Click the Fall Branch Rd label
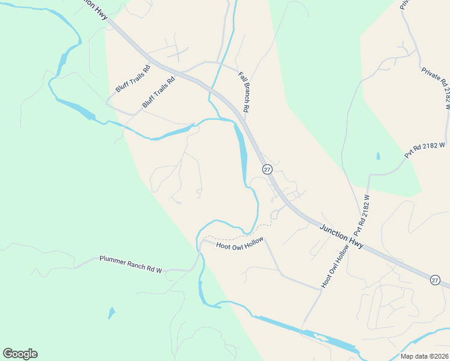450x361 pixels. click(x=244, y=92)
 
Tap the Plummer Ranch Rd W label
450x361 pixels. click(x=131, y=264)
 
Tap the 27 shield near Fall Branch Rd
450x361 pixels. click(x=267, y=169)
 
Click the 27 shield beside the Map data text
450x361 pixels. click(x=435, y=280)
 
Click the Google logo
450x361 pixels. click(x=20, y=354)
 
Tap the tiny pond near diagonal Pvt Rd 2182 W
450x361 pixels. click(x=378, y=156)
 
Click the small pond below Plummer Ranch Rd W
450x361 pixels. click(x=111, y=313)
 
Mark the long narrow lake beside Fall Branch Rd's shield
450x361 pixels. click(x=242, y=153)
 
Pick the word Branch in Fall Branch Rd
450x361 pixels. click(x=244, y=91)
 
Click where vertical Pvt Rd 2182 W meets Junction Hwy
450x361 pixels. click(x=359, y=241)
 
